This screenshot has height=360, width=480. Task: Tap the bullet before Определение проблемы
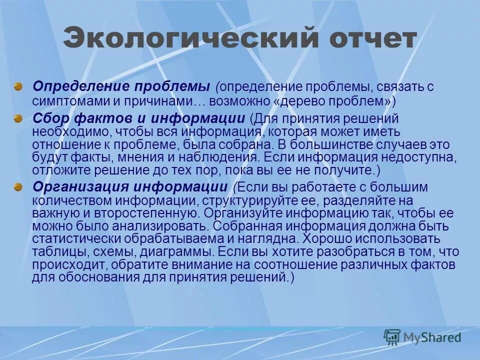18,86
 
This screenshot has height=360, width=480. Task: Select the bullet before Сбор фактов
18,118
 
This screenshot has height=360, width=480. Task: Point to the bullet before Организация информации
18,187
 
